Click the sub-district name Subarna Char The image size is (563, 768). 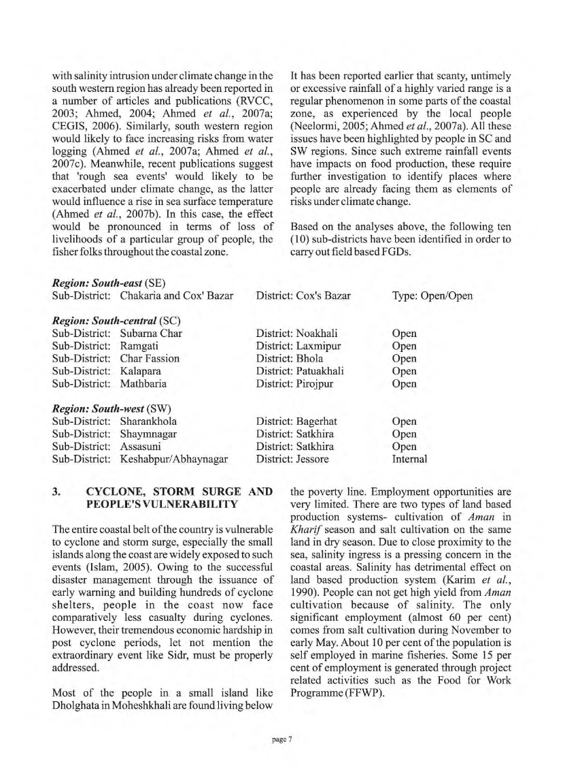tap(151, 334)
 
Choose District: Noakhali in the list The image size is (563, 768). tap(297, 334)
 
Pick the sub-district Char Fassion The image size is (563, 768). tap(150, 359)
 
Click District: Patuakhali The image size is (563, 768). tap(300, 371)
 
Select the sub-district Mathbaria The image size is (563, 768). tap(143, 384)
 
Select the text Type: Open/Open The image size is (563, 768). tap(432, 295)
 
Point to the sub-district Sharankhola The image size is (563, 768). tap(148, 421)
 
